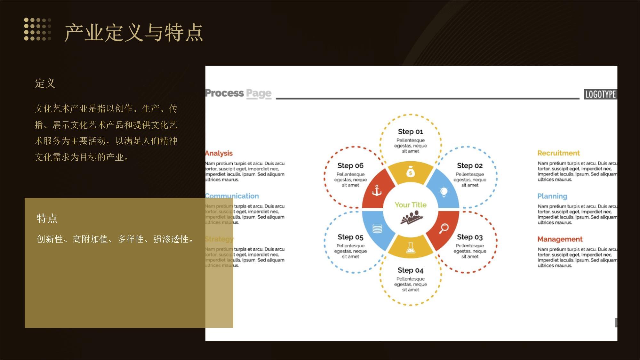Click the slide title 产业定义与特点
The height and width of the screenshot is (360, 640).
pos(134,33)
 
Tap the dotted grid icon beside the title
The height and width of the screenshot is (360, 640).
pos(37,29)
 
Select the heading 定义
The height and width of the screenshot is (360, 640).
pos(45,83)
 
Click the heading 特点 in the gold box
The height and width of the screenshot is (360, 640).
pos(47,218)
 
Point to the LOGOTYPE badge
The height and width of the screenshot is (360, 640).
pos(600,94)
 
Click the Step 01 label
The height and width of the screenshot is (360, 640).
pos(411,132)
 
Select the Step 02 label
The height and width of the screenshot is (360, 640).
pos(470,165)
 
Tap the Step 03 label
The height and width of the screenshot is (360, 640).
pos(470,237)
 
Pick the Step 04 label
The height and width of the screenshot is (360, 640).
pos(411,270)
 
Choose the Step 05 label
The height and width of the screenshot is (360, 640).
pos(350,237)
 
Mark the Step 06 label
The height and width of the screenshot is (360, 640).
pos(350,165)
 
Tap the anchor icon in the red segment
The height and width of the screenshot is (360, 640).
pos(377,191)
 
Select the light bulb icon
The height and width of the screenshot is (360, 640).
pos(444,191)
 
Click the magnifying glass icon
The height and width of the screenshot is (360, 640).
pos(444,228)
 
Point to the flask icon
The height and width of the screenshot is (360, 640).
pos(411,248)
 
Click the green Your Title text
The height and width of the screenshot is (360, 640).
pos(411,205)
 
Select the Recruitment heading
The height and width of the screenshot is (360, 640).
pos(558,153)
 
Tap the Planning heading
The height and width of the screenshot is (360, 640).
pos(552,196)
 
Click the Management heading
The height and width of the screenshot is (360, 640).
pos(560,239)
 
